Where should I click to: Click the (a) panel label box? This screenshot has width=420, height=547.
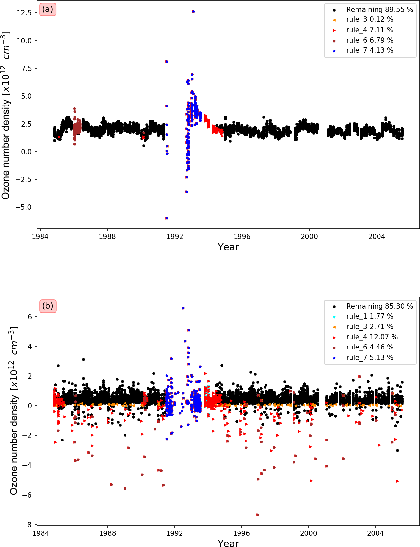[48, 9]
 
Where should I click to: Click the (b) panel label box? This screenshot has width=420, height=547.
[48, 306]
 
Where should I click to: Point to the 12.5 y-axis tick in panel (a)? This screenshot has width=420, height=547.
[25, 13]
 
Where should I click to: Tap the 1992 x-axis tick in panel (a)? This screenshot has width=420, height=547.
[175, 236]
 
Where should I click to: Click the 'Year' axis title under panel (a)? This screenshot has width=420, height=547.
[228, 247]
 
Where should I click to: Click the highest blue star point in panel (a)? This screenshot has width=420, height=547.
[193, 11]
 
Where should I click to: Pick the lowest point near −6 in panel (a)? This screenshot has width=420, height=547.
[167, 218]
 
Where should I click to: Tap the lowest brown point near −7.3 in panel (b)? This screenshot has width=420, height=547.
[258, 515]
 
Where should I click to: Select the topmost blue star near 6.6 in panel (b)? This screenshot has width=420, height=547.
[183, 308]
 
